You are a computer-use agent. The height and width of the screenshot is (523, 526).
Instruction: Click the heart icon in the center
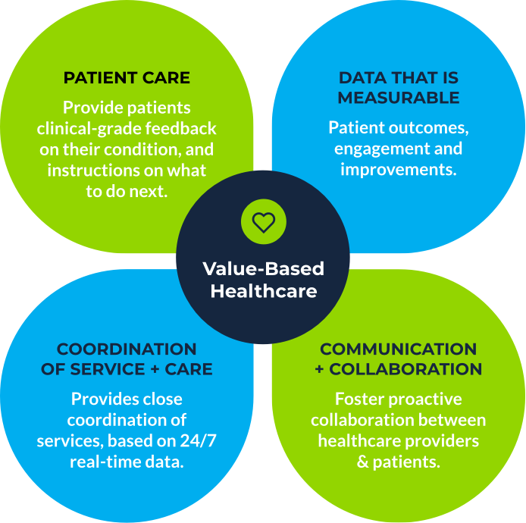click(264, 222)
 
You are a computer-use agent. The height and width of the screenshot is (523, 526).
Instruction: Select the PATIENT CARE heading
click(127, 78)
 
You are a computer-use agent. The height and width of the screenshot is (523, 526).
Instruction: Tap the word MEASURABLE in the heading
click(399, 98)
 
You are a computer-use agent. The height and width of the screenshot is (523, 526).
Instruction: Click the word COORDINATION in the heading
click(127, 349)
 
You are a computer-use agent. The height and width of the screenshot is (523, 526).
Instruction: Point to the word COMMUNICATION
click(399, 349)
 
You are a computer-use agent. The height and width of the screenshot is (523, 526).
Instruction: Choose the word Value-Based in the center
click(264, 269)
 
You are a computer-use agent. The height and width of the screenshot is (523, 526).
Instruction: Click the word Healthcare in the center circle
click(264, 291)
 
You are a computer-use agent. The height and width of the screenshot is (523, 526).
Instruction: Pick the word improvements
click(399, 170)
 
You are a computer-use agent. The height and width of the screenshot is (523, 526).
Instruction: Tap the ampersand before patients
click(362, 462)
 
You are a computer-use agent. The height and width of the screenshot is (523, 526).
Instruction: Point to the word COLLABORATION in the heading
click(405, 369)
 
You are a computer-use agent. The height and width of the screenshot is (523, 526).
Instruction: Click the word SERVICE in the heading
click(108, 369)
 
